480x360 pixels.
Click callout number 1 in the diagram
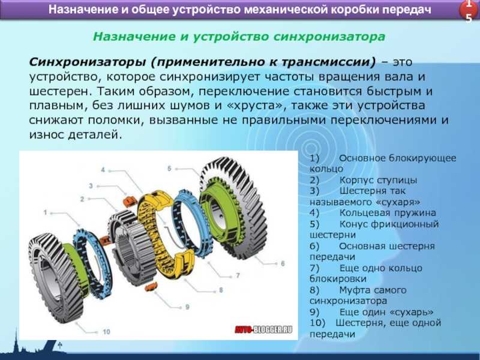tap(46, 212)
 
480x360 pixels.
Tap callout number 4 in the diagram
tap(103, 170)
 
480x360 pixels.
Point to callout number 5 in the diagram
tap(169, 169)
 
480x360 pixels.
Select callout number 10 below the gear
tap(106, 332)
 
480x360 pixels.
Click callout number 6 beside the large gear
tap(283, 263)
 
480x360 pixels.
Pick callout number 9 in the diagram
tap(187, 307)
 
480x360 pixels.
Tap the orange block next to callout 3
tap(129, 202)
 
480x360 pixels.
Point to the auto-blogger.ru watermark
tap(263, 329)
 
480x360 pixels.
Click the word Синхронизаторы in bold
tap(87, 62)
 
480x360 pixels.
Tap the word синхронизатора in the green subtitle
tap(329, 37)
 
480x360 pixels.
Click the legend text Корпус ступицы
tap(379, 180)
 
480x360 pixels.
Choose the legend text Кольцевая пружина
tap(388, 213)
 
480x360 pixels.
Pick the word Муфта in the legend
tap(355, 290)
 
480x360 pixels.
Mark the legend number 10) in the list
tap(318, 323)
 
